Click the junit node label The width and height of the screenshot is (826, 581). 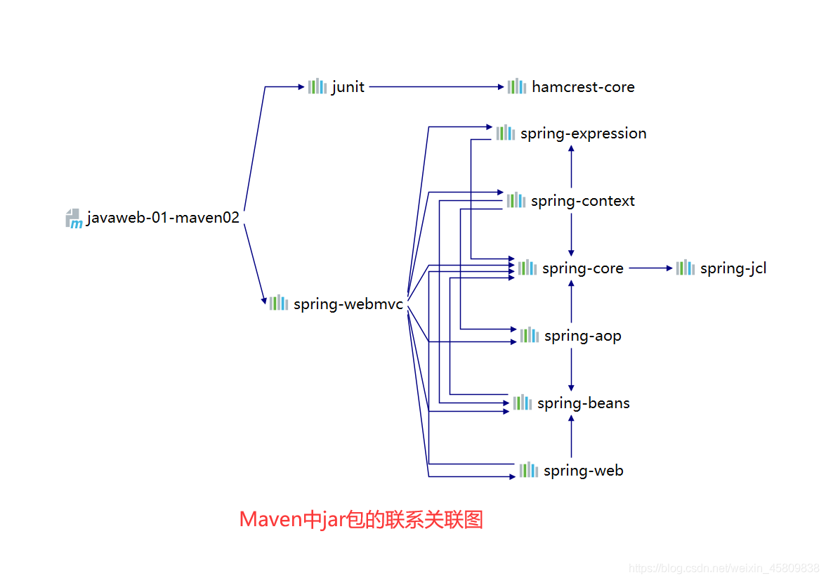tap(348, 87)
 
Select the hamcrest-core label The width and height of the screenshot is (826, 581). tap(583, 87)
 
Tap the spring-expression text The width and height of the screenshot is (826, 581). tap(583, 133)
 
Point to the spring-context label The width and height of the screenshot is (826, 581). tap(582, 201)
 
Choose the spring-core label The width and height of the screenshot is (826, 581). tap(582, 268)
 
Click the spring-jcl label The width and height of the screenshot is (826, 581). tap(733, 268)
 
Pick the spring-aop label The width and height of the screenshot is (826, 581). tap(582, 336)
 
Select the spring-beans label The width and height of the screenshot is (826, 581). tap(583, 403)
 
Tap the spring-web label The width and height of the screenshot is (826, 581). tap(583, 471)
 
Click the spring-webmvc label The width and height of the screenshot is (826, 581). tap(348, 304)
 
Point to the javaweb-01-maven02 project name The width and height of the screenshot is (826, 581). tap(163, 218)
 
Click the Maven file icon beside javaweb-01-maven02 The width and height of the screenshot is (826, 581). tap(74, 218)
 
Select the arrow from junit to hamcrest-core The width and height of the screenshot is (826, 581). tap(435, 87)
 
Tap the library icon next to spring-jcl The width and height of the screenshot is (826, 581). tap(685, 268)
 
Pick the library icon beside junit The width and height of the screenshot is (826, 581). tap(317, 86)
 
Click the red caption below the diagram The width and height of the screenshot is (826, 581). tap(361, 519)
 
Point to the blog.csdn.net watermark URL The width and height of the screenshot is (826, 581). tap(723, 568)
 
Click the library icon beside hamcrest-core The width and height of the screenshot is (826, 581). tap(516, 86)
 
